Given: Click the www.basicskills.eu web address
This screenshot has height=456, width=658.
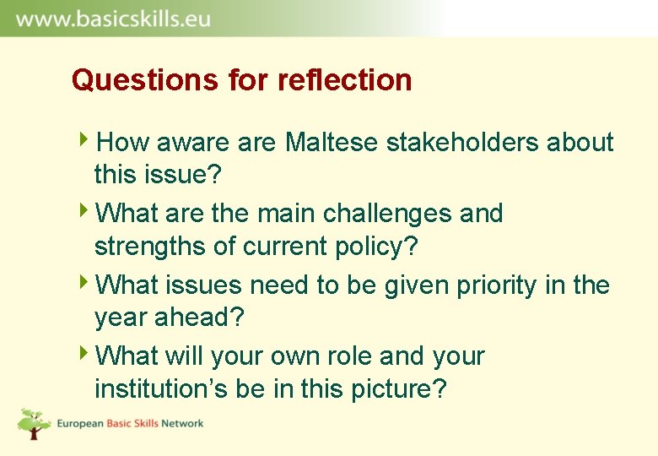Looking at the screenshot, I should click(x=113, y=19).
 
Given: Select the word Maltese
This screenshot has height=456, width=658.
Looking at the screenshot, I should click(x=332, y=143).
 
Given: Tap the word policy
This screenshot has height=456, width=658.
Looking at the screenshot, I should click(x=379, y=247).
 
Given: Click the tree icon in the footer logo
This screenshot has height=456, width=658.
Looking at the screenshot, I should click(x=34, y=423).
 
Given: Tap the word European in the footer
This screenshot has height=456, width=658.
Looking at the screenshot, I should click(x=80, y=423).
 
